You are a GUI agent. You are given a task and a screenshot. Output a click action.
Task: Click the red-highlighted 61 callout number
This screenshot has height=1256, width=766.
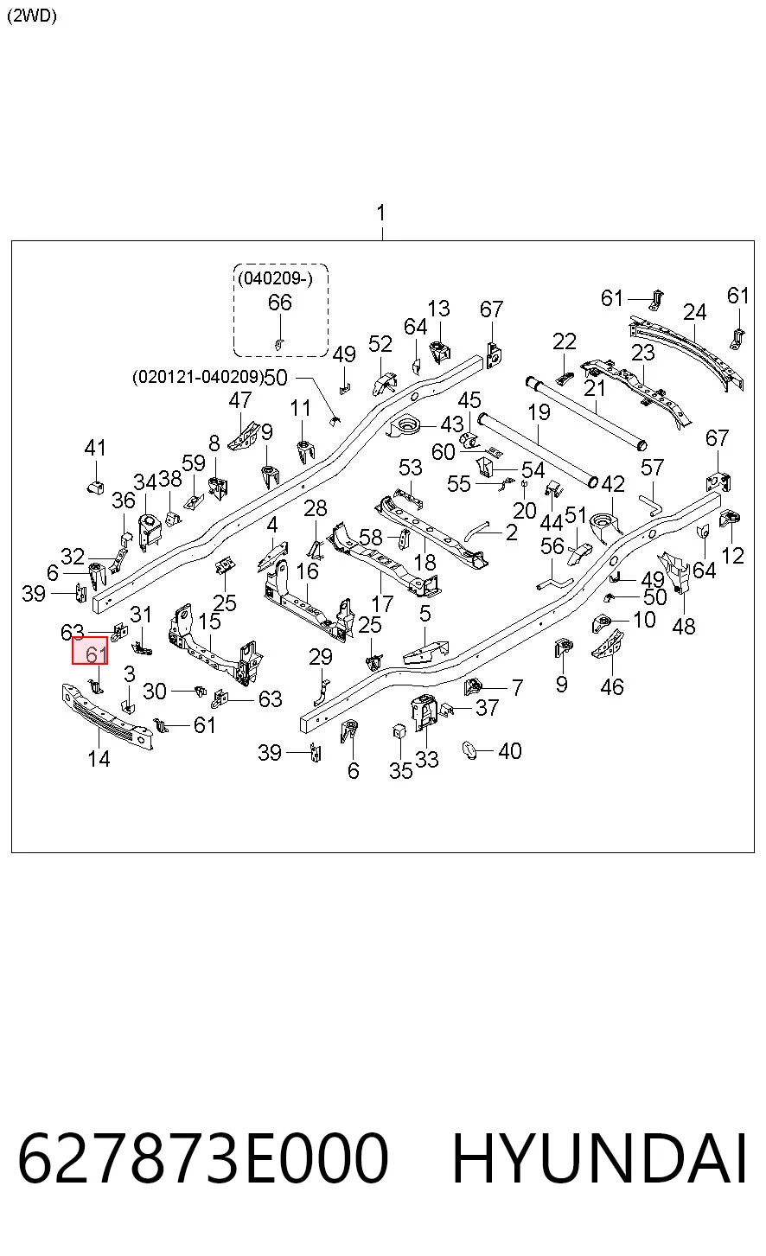(x=96, y=654)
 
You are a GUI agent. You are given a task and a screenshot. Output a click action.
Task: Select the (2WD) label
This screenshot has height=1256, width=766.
(x=32, y=16)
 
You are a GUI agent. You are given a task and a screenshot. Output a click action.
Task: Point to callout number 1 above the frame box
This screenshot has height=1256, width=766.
(x=381, y=213)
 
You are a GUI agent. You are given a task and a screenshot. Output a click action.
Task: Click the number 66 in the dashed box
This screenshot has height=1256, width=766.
(x=280, y=303)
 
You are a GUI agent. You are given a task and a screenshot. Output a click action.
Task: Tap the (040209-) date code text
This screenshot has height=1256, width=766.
(x=275, y=278)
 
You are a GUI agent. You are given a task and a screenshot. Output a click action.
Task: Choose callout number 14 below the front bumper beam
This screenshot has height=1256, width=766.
(x=99, y=759)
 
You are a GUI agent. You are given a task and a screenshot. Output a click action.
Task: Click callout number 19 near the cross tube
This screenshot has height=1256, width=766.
(x=539, y=412)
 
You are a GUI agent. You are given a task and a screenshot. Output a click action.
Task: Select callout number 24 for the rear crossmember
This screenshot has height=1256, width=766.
(x=694, y=312)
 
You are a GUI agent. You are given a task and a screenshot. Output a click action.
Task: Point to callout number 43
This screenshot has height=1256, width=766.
(x=452, y=424)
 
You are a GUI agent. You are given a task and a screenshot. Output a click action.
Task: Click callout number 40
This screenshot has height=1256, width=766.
(x=510, y=750)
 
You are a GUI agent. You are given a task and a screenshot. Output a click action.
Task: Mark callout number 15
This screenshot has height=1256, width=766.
(x=209, y=622)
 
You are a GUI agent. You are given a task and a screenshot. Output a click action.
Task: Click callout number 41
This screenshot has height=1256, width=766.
(x=95, y=448)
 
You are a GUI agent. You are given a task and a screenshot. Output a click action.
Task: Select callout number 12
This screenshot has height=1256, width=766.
(x=732, y=556)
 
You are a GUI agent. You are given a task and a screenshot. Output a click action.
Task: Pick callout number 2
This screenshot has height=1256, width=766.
(x=512, y=532)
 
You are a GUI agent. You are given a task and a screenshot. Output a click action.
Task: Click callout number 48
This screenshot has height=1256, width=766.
(x=684, y=627)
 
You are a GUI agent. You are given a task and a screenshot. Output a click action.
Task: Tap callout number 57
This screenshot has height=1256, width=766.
(x=652, y=467)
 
